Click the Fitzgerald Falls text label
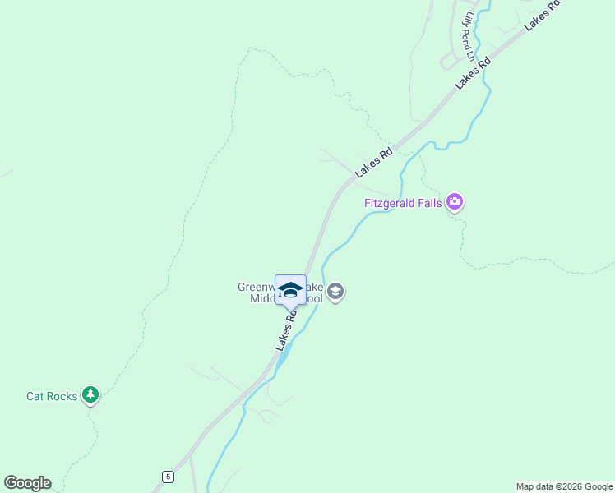(404, 202)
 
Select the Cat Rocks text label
(52, 396)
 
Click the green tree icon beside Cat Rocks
(90, 396)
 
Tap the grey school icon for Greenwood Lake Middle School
(335, 292)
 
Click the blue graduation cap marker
(290, 290)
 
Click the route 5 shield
(168, 477)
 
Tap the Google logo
(27, 483)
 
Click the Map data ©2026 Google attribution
(564, 486)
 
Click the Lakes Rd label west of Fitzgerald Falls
(374, 162)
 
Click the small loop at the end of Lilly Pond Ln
(449, 60)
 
